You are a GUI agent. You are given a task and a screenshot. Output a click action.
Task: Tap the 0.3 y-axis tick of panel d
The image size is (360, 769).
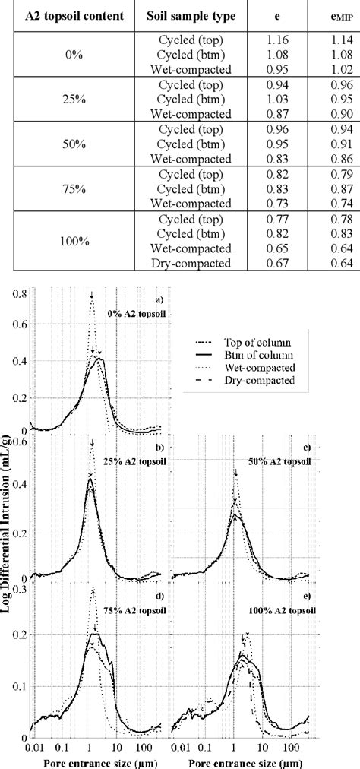point(23,588)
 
